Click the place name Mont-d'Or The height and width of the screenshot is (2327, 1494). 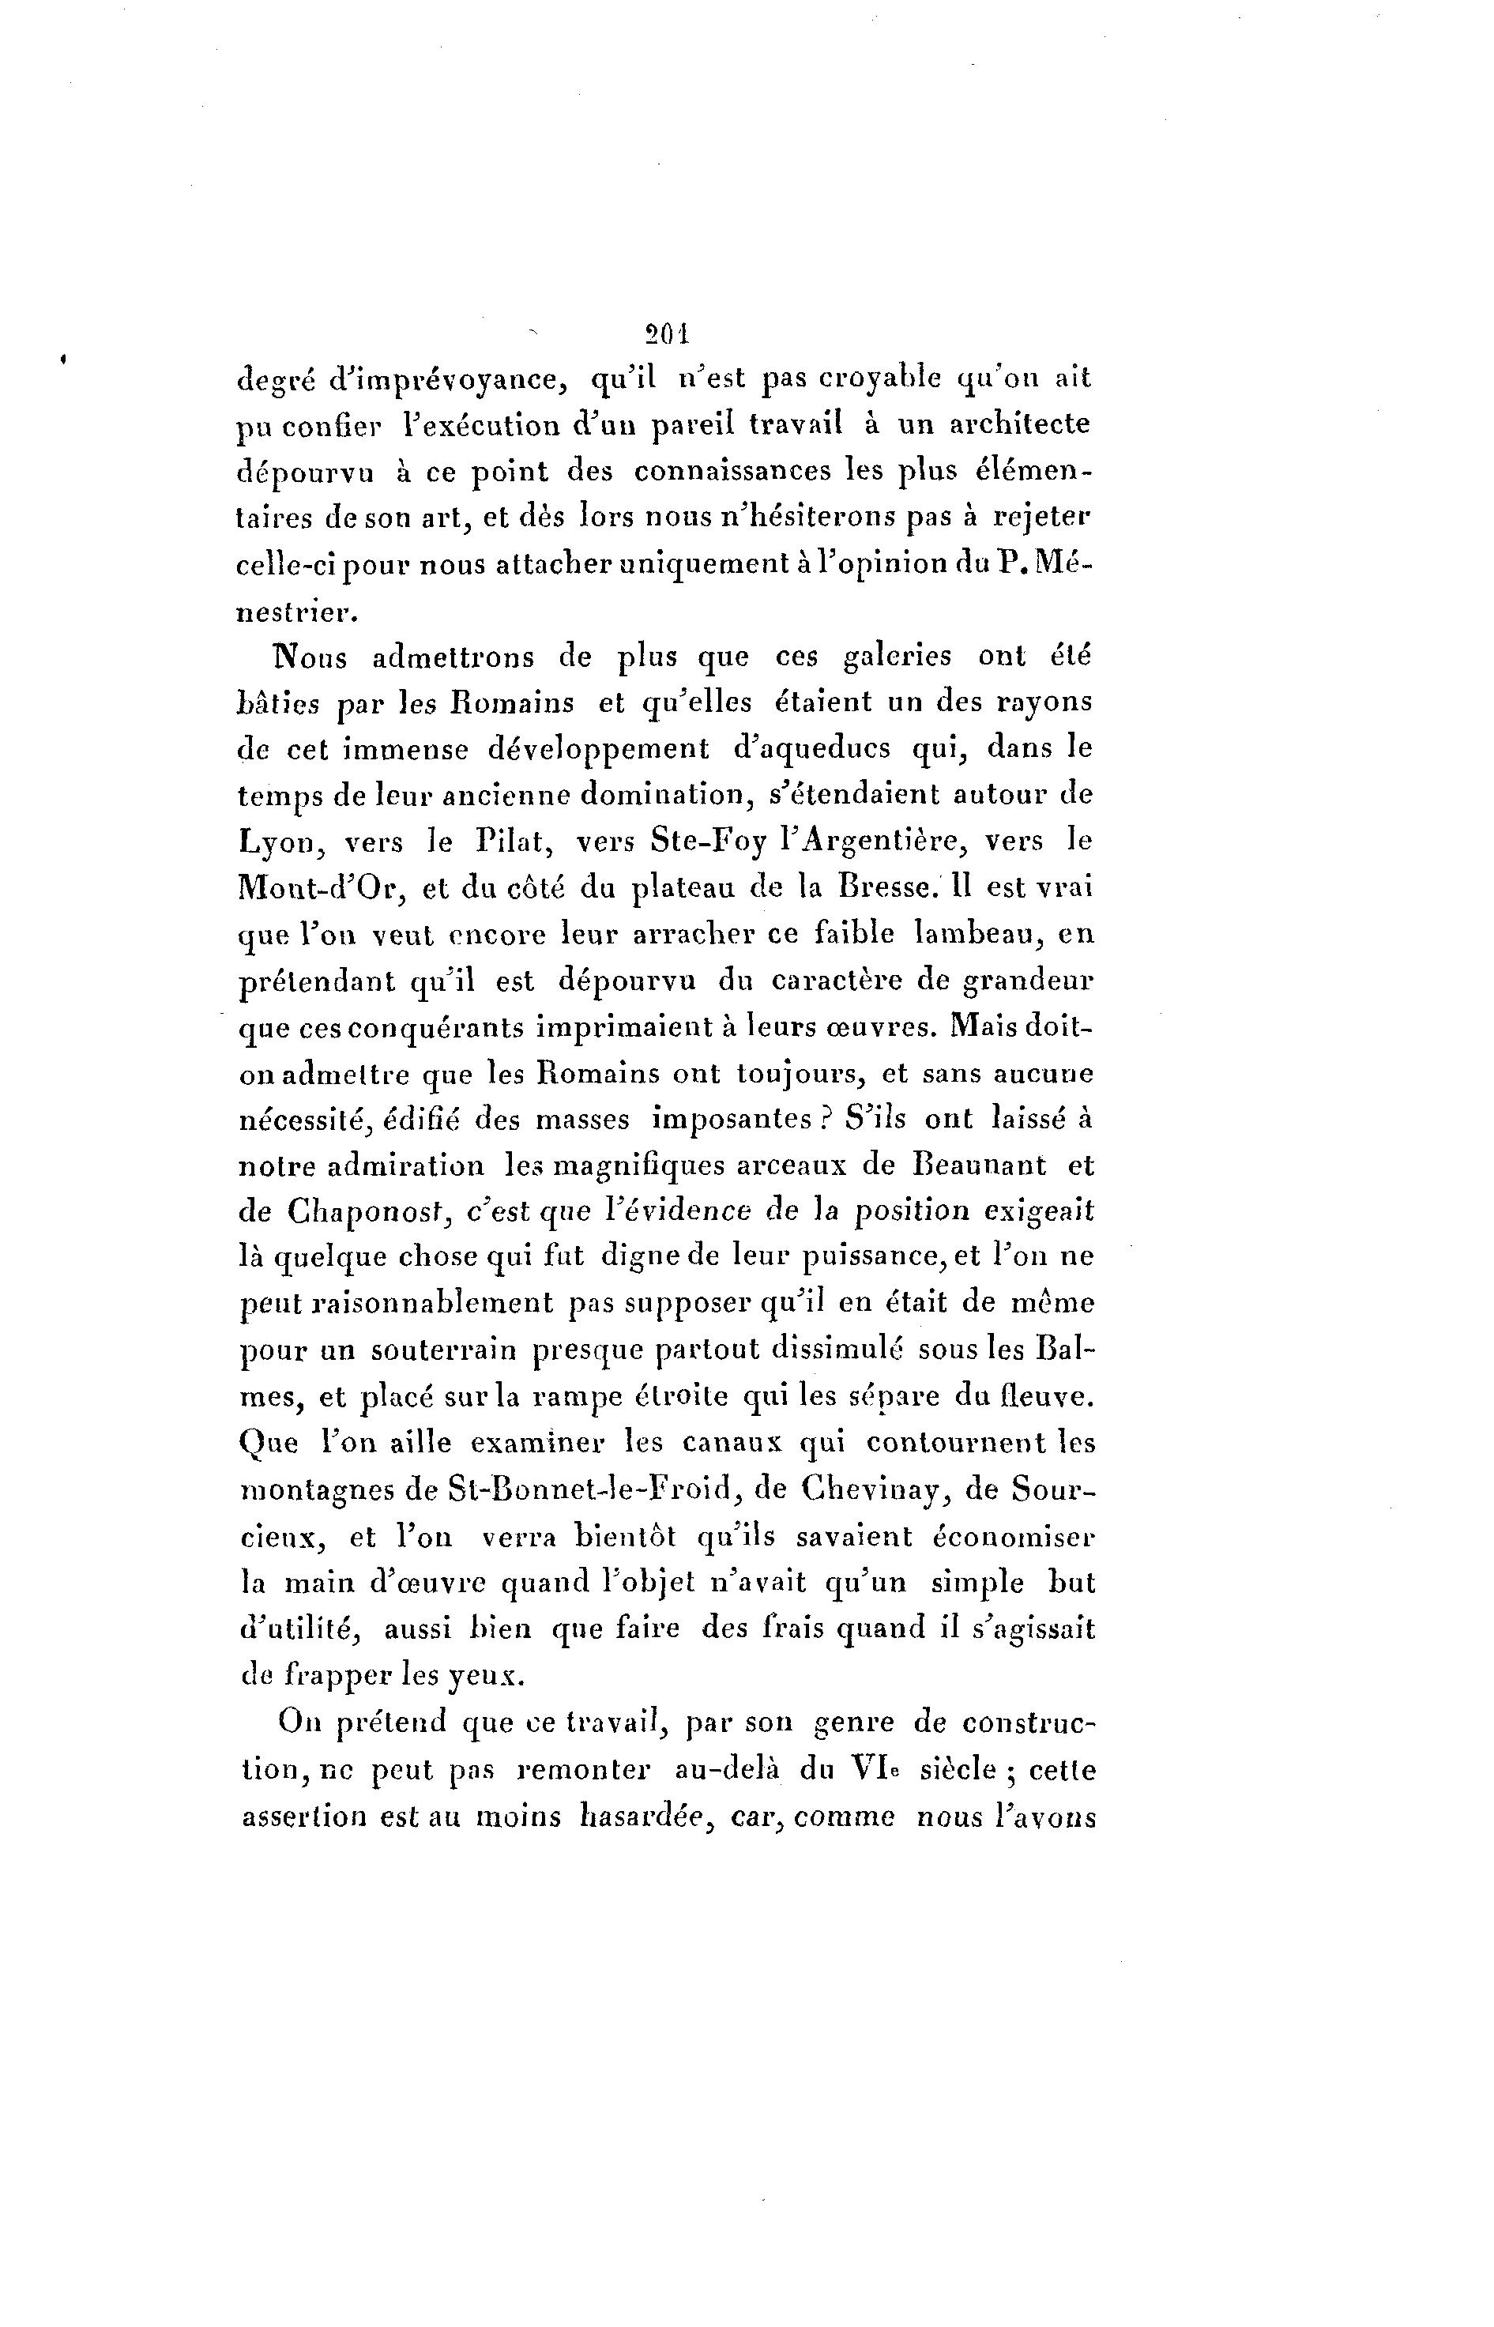tap(307, 888)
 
